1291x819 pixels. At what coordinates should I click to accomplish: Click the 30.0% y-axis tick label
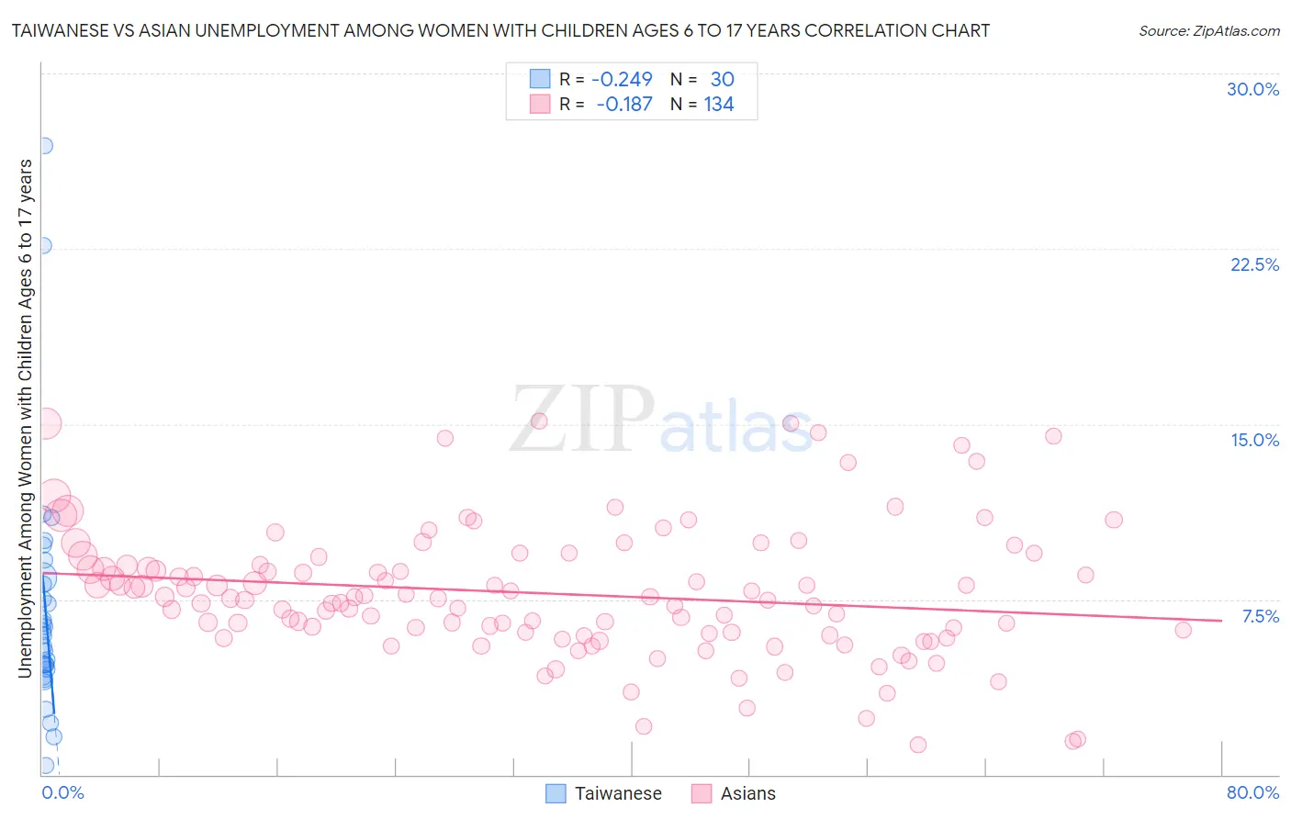tap(1252, 89)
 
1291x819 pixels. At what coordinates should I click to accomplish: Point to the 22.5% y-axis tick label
tap(1254, 264)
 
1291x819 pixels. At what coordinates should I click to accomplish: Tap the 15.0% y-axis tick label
tap(1254, 440)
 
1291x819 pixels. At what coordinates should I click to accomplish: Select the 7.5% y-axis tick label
tap(1260, 616)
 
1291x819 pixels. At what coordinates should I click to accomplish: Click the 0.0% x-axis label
tap(62, 792)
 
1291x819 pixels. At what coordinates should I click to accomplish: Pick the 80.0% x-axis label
tap(1252, 792)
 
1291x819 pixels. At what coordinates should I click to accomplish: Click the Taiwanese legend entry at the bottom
tap(617, 793)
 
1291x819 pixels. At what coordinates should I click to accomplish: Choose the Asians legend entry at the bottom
tap(747, 793)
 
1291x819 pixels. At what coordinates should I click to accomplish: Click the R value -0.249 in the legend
tap(622, 80)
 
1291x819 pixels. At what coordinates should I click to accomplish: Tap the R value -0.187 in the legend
tap(623, 105)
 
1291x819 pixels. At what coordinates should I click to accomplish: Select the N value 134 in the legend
tap(719, 105)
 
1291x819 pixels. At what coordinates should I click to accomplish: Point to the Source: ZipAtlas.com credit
tap(1208, 30)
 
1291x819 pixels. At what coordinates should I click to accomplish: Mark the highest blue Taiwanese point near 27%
tap(43, 146)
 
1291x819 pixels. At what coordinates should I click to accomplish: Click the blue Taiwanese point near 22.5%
tap(42, 246)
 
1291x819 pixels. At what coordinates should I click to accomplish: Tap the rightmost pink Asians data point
tap(1183, 630)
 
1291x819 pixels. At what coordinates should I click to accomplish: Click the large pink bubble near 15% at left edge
tap(44, 423)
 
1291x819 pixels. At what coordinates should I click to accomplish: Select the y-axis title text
tap(25, 418)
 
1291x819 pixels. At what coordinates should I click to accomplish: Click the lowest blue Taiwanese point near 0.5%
tap(46, 766)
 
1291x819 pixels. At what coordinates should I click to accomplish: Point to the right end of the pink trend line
tap(1221, 621)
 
